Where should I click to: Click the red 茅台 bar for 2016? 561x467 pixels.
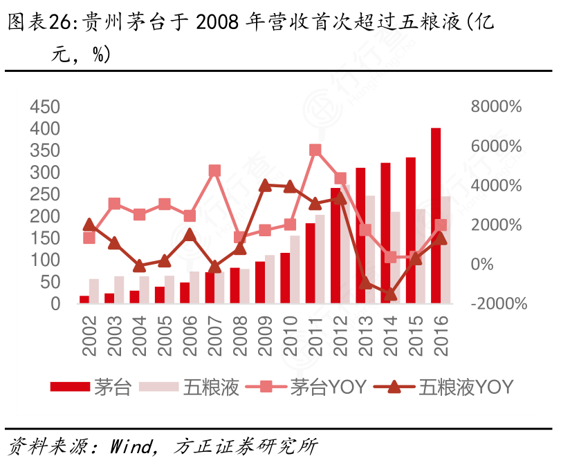pyautogui.click(x=436, y=216)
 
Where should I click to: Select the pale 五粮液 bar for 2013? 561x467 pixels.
pyautogui.click(x=371, y=249)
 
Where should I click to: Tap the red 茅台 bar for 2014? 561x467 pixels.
pyautogui.click(x=386, y=233)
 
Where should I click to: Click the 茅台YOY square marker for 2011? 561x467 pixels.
pyautogui.click(x=315, y=151)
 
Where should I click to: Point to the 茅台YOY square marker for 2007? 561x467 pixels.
pyautogui.click(x=214, y=171)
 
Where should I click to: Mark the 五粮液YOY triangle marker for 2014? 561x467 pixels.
pyautogui.click(x=390, y=294)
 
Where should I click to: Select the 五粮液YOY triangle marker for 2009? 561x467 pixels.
pyautogui.click(x=265, y=185)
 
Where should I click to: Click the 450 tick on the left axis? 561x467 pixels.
pyautogui.click(x=46, y=107)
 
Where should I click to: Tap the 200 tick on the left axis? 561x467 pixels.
pyautogui.click(x=46, y=216)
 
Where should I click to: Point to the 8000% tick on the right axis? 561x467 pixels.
pyautogui.click(x=496, y=107)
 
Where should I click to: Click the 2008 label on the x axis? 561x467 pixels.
pyautogui.click(x=239, y=336)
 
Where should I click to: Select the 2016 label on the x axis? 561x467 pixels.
pyautogui.click(x=440, y=336)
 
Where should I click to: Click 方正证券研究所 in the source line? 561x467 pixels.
pyautogui.click(x=246, y=447)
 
